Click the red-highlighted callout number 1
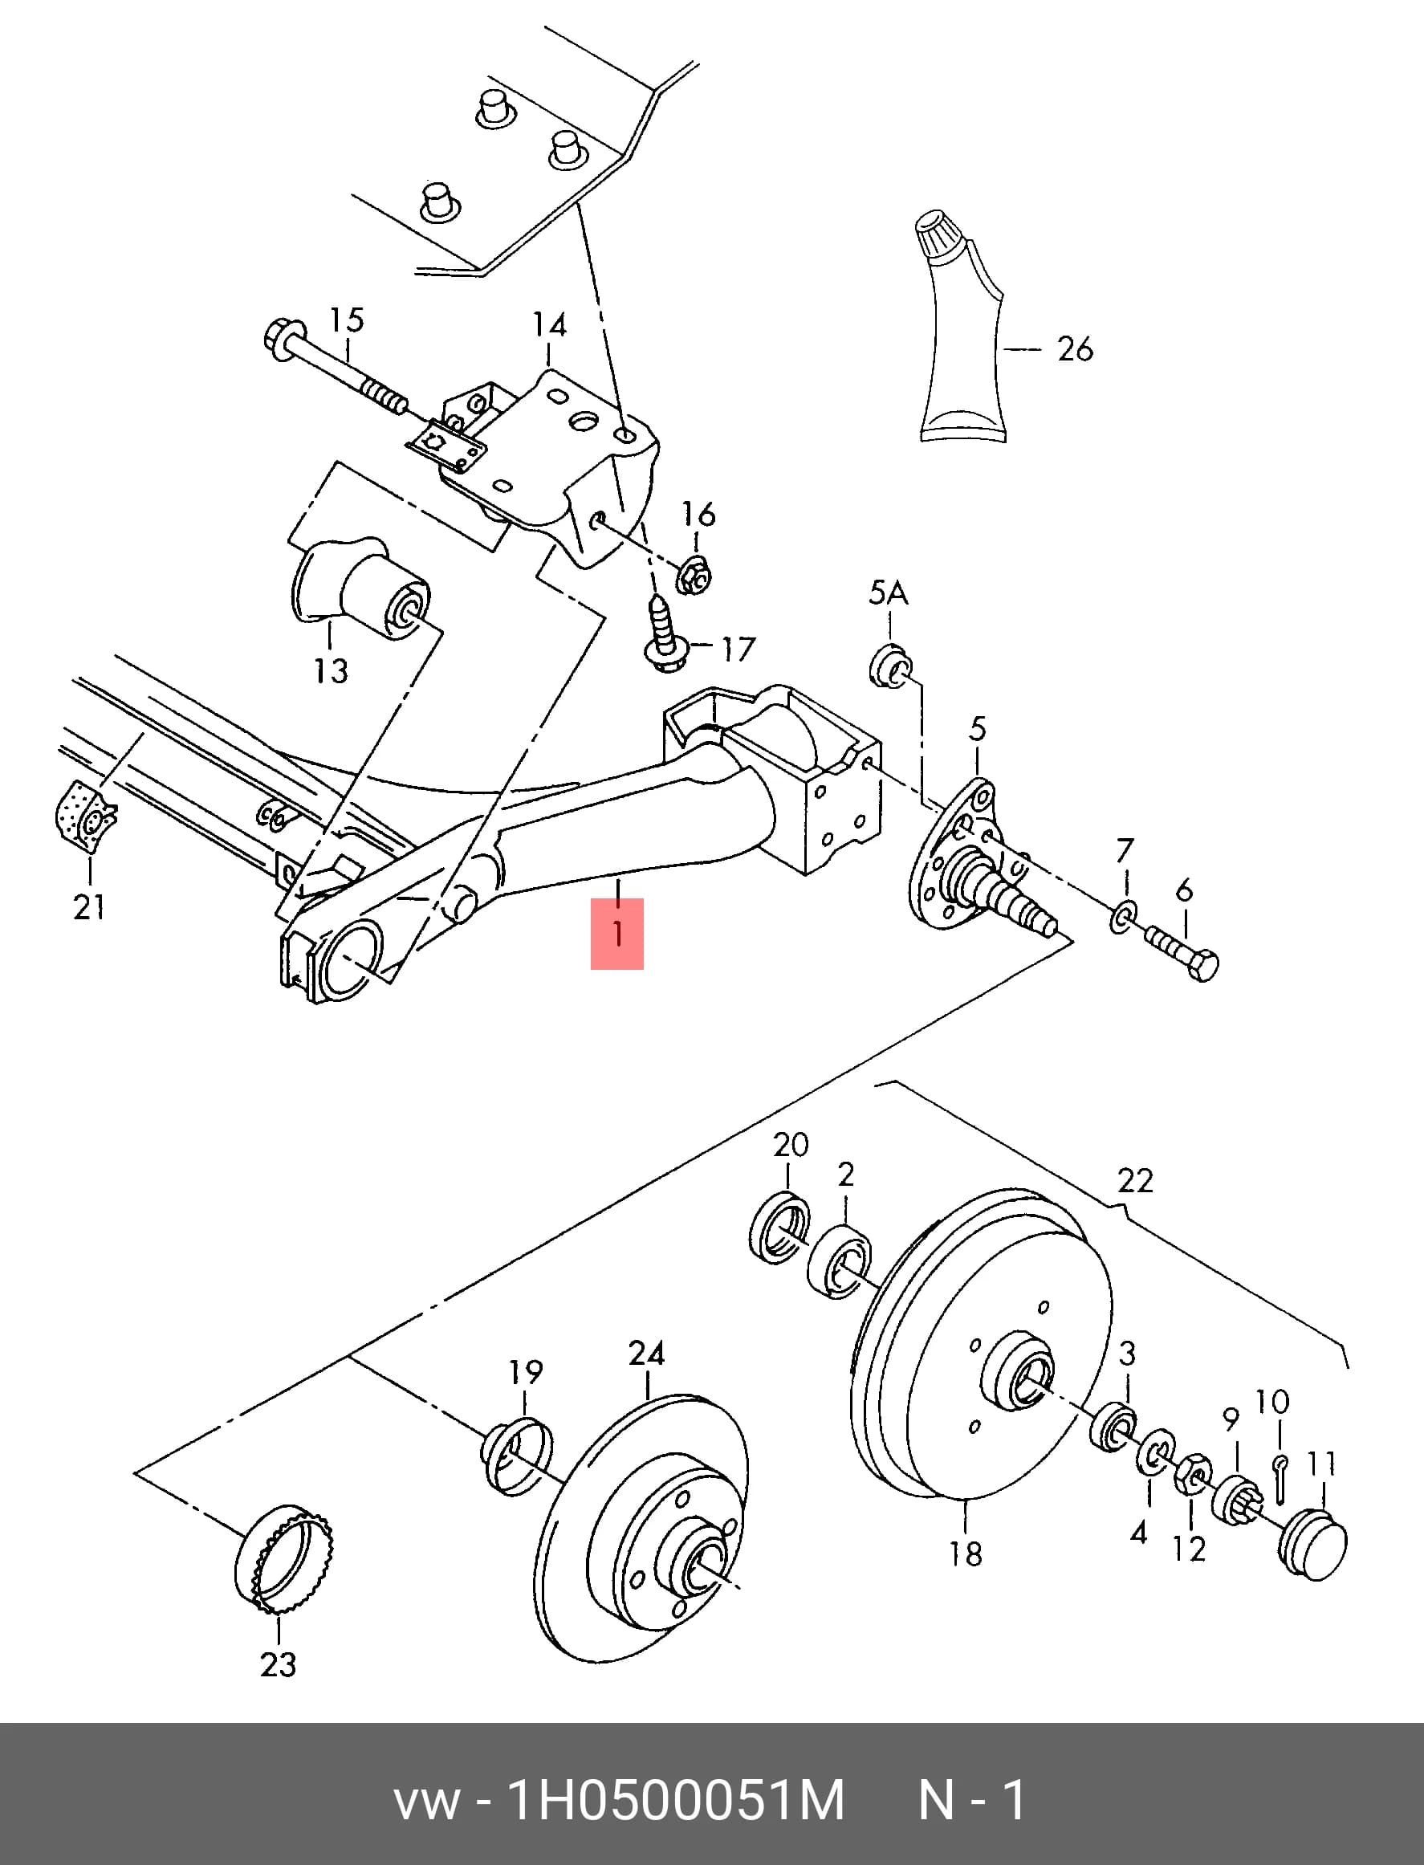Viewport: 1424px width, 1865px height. (x=617, y=934)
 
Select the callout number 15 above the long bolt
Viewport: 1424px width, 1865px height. (x=346, y=320)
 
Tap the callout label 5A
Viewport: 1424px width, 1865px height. (x=888, y=593)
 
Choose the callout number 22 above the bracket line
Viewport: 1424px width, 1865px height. (x=1135, y=1180)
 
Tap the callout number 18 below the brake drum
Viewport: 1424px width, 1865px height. (x=966, y=1553)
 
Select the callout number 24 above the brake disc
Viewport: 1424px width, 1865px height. (x=646, y=1353)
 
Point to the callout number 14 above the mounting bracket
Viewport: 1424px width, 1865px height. (x=549, y=324)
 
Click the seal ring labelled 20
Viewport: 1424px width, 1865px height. (x=779, y=1227)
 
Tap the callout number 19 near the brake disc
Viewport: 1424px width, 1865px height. (x=526, y=1371)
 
